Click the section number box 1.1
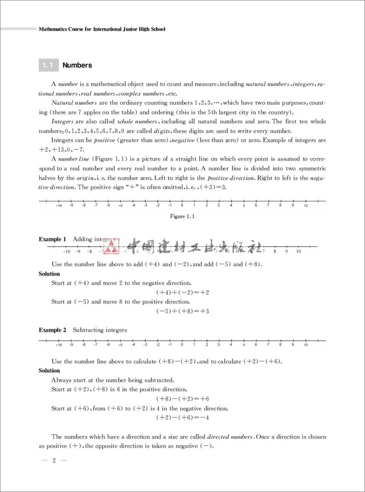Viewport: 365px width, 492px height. (48, 65)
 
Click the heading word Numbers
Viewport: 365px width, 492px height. (77, 65)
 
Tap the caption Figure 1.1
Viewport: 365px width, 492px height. (182, 216)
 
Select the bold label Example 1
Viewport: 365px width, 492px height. (52, 239)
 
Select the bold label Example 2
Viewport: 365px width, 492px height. (52, 330)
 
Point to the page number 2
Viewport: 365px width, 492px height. (53, 460)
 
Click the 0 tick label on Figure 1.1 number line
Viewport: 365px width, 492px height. (182, 205)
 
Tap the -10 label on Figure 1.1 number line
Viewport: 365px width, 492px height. (58, 205)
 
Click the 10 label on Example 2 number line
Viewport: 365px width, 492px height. (305, 345)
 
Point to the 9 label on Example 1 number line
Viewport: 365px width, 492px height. (286, 251)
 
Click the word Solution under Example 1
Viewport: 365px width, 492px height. (49, 273)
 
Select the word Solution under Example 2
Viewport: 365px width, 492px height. (49, 370)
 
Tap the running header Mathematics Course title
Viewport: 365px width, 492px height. (102, 29)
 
